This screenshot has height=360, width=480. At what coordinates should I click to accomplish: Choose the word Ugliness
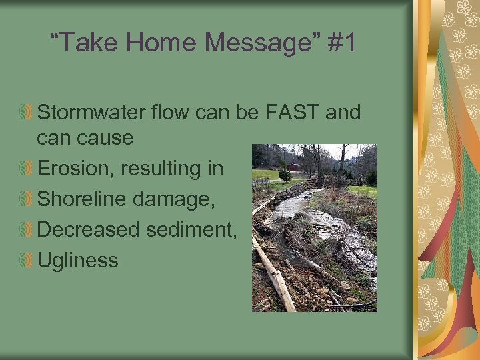tap(78, 261)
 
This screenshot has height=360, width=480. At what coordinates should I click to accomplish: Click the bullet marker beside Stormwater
tap(26, 113)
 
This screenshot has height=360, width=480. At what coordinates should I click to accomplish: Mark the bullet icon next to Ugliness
tap(26, 260)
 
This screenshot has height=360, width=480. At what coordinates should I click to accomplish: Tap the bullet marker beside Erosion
tap(26, 169)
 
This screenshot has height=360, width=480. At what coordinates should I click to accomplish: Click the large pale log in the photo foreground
tap(275, 277)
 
